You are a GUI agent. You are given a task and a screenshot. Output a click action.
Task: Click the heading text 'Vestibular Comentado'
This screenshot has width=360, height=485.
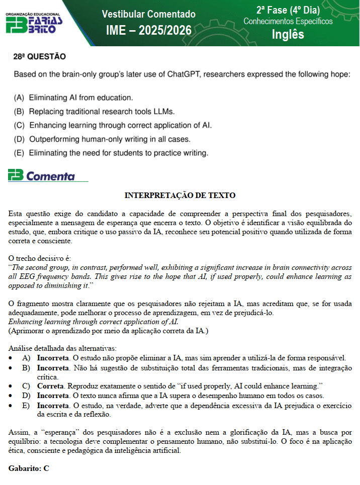(x=149, y=14)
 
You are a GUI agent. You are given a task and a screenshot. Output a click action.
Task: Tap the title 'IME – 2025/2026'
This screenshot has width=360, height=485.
(x=149, y=31)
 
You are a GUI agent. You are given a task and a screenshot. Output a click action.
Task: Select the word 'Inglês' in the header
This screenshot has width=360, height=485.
(x=288, y=34)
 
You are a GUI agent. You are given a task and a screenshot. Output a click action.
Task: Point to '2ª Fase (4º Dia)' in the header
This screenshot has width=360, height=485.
(x=288, y=10)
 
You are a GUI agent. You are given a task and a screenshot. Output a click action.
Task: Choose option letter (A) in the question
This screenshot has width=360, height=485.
(x=19, y=98)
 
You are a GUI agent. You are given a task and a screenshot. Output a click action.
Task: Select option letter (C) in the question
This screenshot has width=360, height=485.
(x=19, y=125)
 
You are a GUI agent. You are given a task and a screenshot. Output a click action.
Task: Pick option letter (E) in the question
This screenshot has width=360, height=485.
(x=19, y=152)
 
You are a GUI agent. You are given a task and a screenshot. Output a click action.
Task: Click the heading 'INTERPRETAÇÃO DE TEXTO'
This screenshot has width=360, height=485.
(x=180, y=195)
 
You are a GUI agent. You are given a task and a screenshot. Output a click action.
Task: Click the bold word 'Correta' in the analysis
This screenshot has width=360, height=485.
(x=51, y=386)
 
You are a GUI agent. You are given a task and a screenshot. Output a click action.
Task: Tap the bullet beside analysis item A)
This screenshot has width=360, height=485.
(x=12, y=358)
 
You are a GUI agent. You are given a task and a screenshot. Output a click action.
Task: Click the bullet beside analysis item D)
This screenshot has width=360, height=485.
(x=12, y=396)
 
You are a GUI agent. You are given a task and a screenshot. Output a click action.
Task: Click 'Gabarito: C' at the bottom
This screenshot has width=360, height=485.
(x=29, y=468)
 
